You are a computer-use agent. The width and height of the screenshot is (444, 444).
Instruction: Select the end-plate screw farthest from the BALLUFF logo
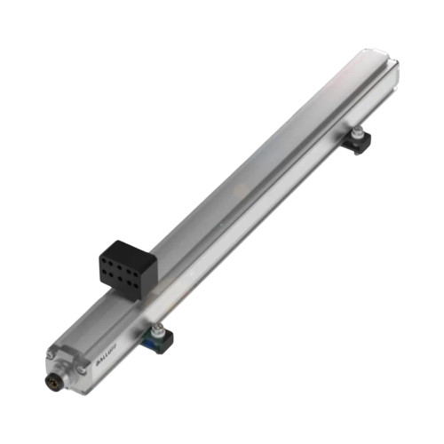(x=50, y=355)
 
